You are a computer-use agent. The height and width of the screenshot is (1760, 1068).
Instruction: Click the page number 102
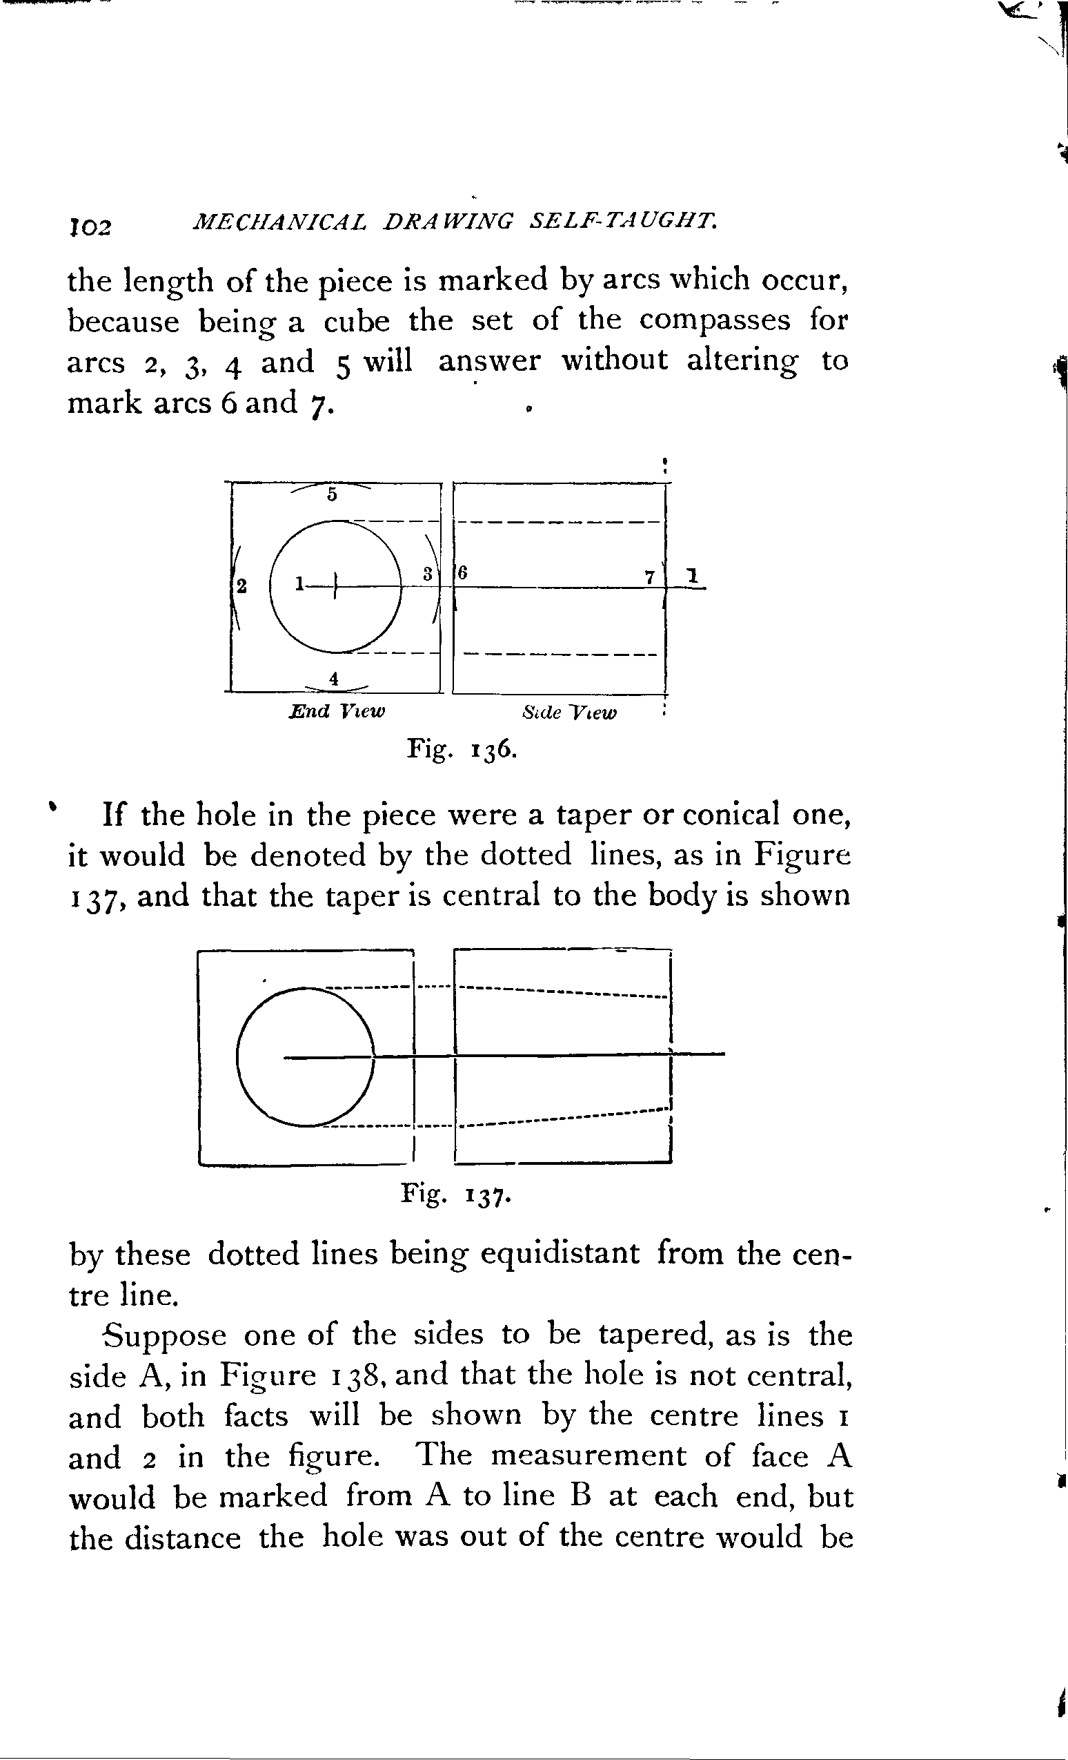[90, 226]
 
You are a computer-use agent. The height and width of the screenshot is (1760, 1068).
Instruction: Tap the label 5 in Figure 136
[331, 494]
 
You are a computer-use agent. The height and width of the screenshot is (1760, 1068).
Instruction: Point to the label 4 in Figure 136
[333, 679]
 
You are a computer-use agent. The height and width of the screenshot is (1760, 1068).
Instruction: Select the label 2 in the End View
[242, 586]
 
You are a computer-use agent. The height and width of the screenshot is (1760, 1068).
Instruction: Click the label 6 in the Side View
[463, 572]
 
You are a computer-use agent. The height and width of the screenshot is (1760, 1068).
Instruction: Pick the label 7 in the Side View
[650, 577]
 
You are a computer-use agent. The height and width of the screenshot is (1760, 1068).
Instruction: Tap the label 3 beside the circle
[427, 573]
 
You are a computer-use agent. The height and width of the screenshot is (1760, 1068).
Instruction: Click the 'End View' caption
[336, 711]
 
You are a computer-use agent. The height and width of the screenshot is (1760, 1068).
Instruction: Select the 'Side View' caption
[569, 712]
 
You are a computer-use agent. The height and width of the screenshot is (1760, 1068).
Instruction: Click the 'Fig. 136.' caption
[462, 749]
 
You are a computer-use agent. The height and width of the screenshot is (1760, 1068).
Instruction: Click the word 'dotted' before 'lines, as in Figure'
[526, 855]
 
